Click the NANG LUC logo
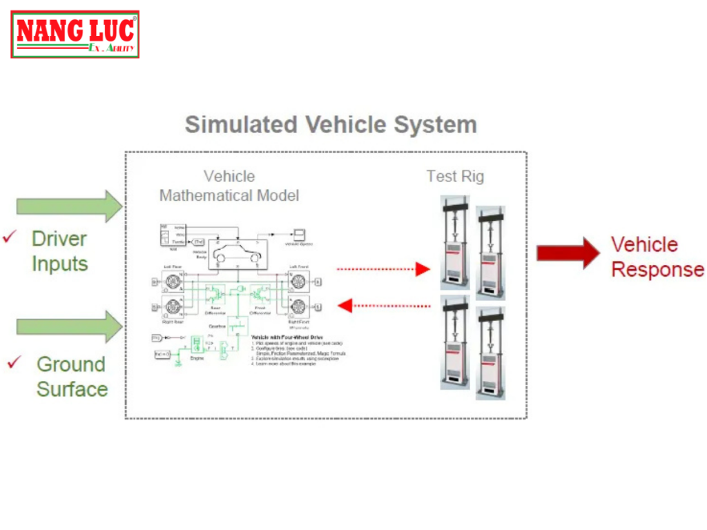click(75, 35)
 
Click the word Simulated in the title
click(241, 125)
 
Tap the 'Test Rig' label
click(455, 176)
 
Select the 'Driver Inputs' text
click(59, 251)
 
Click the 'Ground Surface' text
click(72, 376)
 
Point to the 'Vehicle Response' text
click(657, 257)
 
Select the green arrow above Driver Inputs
click(69, 206)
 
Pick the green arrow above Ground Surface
click(69, 326)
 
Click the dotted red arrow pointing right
click(383, 269)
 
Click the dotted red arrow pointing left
click(383, 305)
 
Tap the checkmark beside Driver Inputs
click(10, 237)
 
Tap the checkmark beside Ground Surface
click(14, 362)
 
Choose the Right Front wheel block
click(298, 306)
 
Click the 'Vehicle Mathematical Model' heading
click(229, 186)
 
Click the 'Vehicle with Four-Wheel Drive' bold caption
click(287, 337)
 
